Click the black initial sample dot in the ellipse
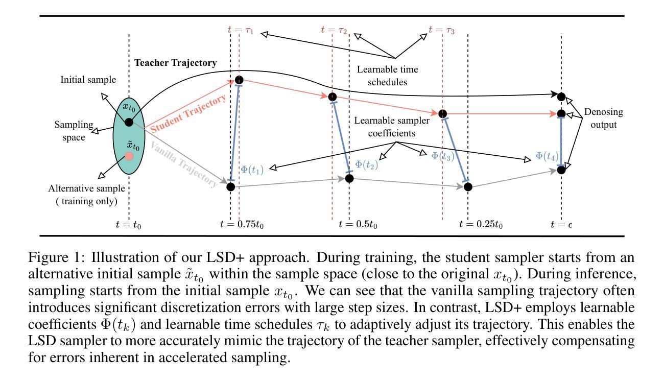click(x=129, y=122)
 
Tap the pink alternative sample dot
click(x=129, y=156)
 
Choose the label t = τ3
click(x=442, y=30)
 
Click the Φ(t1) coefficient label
click(x=252, y=170)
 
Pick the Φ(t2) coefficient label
click(x=366, y=164)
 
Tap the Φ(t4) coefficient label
click(x=548, y=156)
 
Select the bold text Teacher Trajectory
click(x=175, y=63)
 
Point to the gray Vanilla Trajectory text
click(x=184, y=164)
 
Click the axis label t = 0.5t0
click(x=358, y=224)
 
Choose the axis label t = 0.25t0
click(x=481, y=224)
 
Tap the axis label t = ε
click(x=561, y=224)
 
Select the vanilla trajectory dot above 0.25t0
click(x=467, y=187)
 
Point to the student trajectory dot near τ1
click(x=239, y=80)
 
